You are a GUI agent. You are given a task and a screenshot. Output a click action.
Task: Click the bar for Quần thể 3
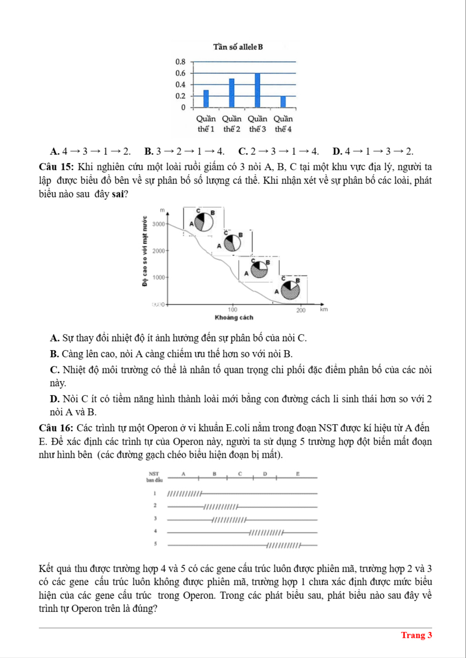coord(257,90)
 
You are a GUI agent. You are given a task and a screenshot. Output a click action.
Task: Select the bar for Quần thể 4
coord(283,102)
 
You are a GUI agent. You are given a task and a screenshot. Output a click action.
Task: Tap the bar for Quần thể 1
coord(206,99)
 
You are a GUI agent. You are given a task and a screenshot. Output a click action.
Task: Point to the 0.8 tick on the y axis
coord(180,62)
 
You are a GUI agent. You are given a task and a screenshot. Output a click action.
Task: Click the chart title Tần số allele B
coord(238,47)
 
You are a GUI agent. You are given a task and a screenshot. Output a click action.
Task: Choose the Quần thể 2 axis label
coord(232,124)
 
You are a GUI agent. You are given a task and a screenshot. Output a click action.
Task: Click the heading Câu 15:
coord(56,167)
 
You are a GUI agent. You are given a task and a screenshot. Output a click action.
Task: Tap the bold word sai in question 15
coord(118,194)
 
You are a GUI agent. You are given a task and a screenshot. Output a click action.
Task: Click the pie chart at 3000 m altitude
coord(204,222)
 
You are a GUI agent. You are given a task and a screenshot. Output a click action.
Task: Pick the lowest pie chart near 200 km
coord(290,290)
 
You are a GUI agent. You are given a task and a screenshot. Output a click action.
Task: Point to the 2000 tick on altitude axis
coord(158,251)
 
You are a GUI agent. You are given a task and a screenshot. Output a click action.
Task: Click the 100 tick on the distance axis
coord(232,310)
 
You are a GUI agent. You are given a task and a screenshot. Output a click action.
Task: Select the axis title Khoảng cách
coord(234,317)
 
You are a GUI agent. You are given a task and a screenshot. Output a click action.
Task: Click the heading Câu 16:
coord(56,428)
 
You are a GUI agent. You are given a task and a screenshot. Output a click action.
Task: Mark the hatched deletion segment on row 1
coord(185,494)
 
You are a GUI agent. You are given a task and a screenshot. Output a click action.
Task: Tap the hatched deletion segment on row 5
coord(283,546)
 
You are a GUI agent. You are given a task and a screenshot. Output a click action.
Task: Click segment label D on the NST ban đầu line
coord(265,474)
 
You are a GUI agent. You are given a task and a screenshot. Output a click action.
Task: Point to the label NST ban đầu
coord(154,477)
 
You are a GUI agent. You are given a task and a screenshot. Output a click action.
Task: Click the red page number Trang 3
coord(416,635)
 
